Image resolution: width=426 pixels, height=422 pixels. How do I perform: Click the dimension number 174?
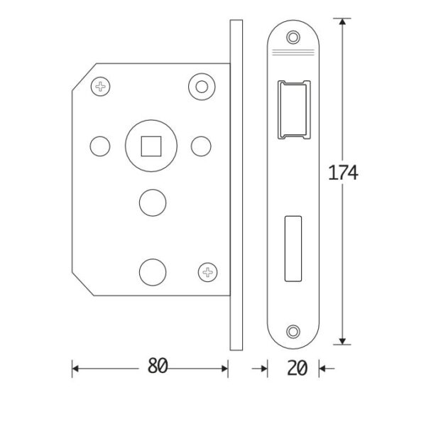pos(343,173)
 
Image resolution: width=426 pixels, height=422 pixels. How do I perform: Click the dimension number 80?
pos(158,365)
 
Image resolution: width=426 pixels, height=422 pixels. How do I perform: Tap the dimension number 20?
pos(297,368)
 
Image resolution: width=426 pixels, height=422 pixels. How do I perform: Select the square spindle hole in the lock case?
pos(151,146)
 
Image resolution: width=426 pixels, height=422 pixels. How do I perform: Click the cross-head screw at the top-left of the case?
pos(100,87)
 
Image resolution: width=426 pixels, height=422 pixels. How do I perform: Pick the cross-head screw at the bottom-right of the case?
pos(207,272)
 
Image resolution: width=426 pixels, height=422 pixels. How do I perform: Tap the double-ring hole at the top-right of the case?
pos(202,87)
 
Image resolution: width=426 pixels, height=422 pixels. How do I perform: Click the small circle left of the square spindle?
pos(100,146)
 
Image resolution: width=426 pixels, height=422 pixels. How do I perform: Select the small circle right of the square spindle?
pos(201,146)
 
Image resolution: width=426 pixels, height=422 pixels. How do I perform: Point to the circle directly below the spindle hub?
pos(153,203)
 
